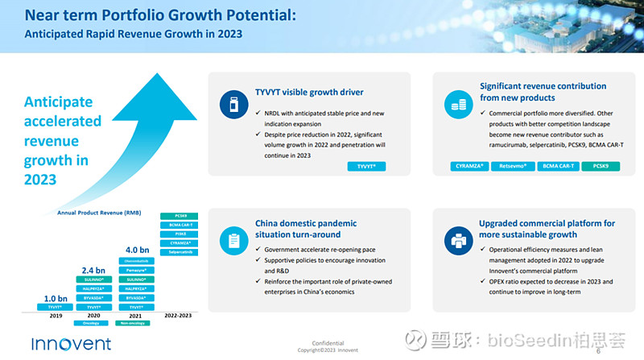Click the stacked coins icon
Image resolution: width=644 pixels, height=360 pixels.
pyautogui.click(x=457, y=102)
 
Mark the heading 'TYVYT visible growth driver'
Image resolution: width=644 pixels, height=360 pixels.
pyautogui.click(x=309, y=92)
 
